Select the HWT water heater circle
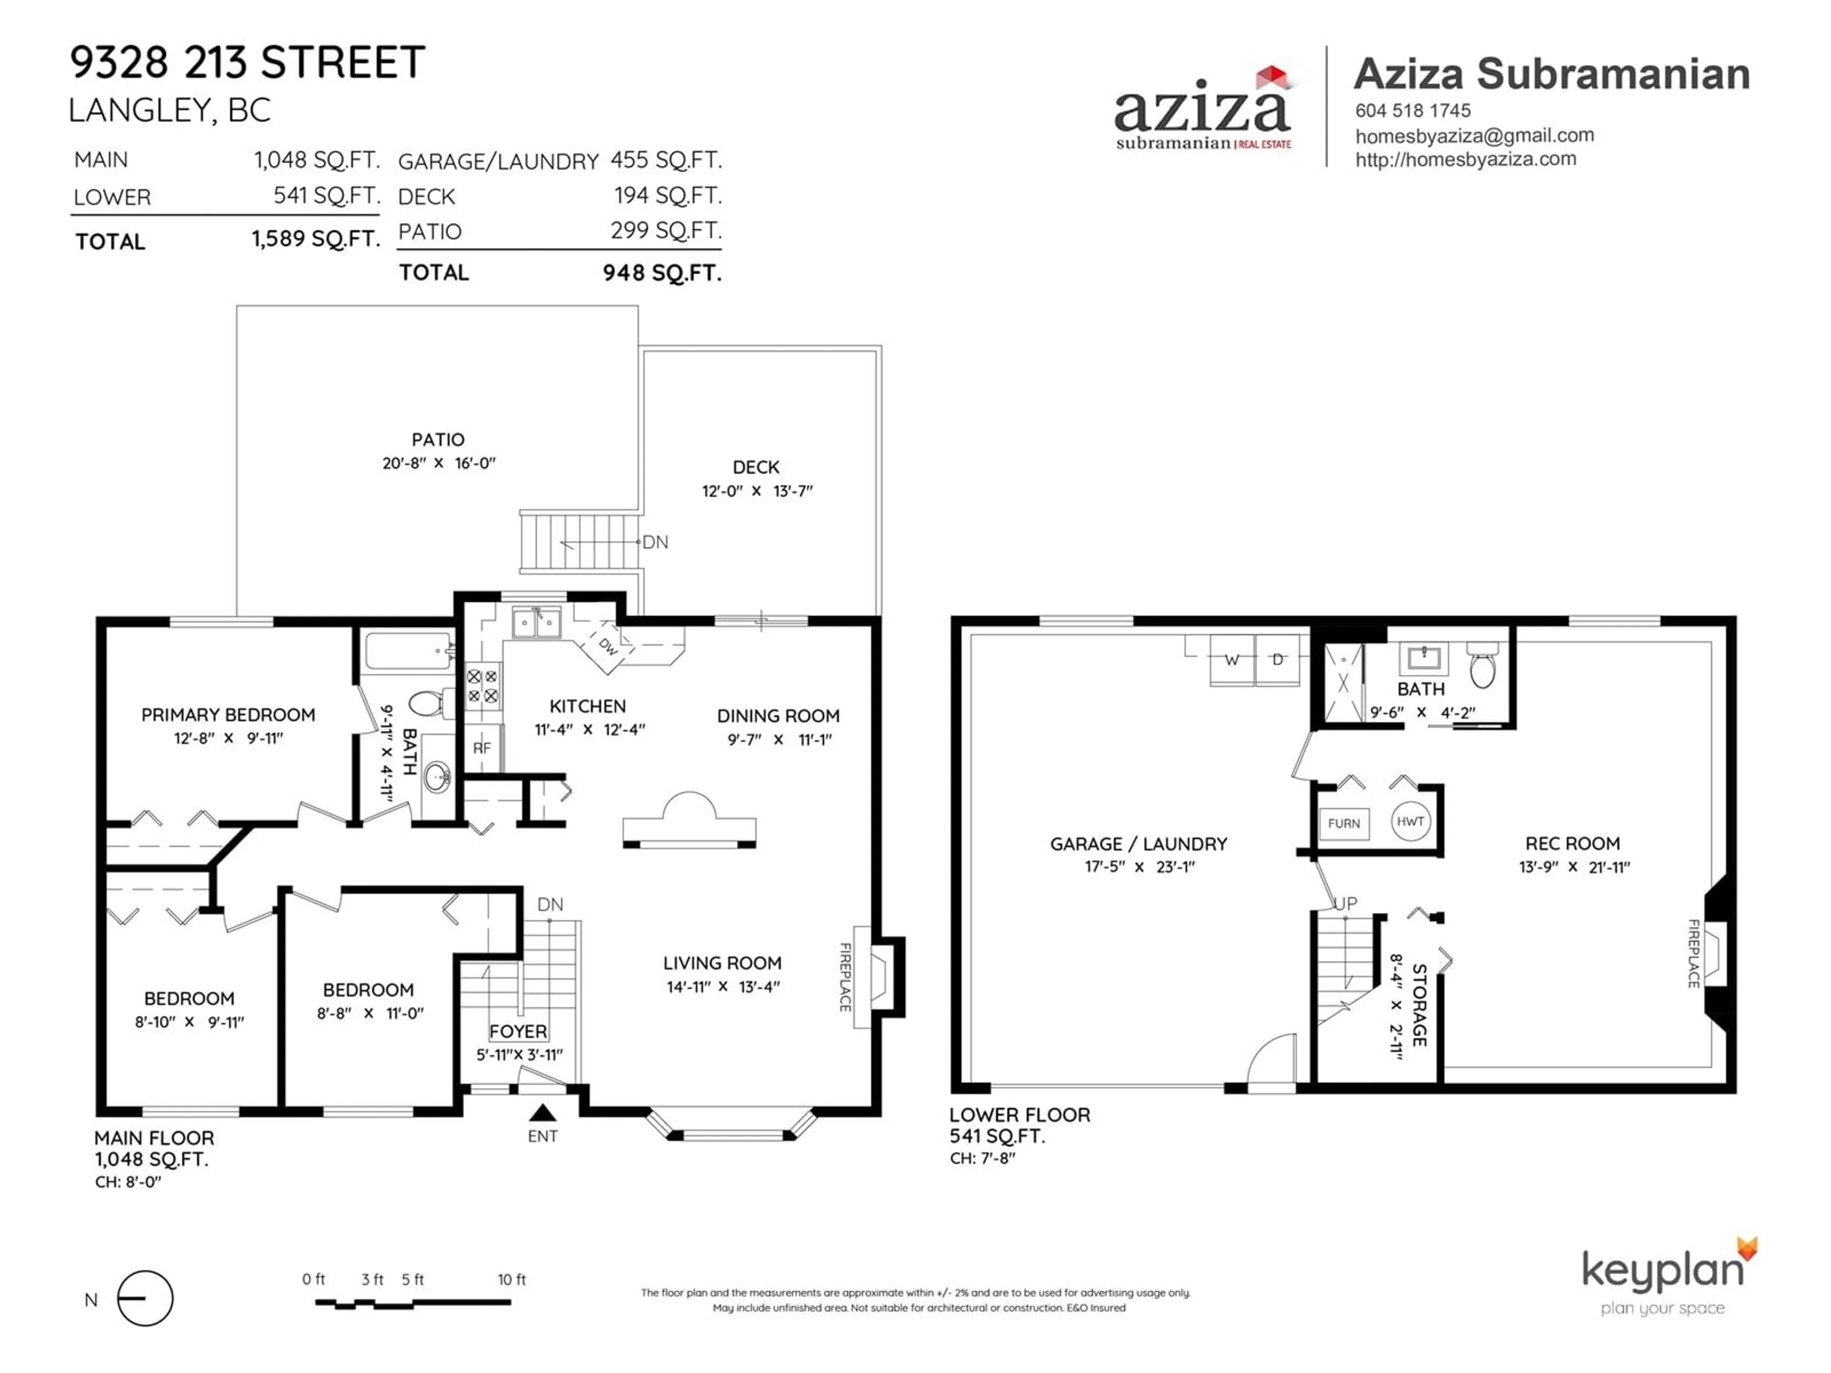pos(1410,822)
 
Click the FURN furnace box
pos(1344,823)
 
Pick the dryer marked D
pos(1278,660)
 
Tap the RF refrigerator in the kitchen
pos(482,748)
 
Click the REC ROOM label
pos(1573,843)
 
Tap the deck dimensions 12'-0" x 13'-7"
pos(757,491)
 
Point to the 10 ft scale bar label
pos(512,1280)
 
